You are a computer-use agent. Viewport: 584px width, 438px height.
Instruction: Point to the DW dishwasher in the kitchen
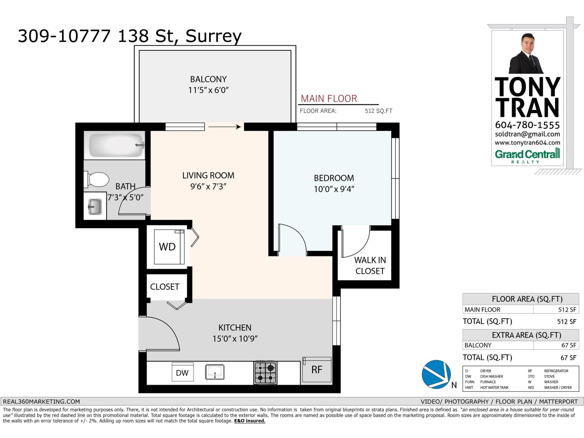coord(182,372)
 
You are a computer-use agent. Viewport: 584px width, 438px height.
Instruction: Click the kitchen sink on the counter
coord(215,372)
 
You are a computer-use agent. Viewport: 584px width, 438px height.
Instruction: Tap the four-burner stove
coord(265,372)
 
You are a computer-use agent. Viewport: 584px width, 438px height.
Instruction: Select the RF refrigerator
coord(317,370)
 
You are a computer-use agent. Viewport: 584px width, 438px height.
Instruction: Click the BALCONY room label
coord(208,79)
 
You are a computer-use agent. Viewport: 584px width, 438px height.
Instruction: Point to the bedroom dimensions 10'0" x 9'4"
coord(334,189)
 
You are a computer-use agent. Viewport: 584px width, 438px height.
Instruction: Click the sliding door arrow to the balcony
coord(224,127)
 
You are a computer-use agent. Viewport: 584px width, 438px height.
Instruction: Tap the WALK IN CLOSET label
coord(370,265)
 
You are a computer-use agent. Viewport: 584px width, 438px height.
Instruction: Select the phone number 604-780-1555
coord(527,125)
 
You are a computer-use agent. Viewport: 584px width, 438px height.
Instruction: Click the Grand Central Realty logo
coord(527,155)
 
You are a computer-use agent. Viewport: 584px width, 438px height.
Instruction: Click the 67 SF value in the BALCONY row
coord(568,345)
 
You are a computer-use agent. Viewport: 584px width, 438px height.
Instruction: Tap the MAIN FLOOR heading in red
coord(328,99)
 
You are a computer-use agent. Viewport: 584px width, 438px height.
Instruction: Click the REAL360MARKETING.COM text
coord(41,401)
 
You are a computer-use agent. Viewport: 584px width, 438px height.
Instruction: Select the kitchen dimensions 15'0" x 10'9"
coord(235,339)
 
